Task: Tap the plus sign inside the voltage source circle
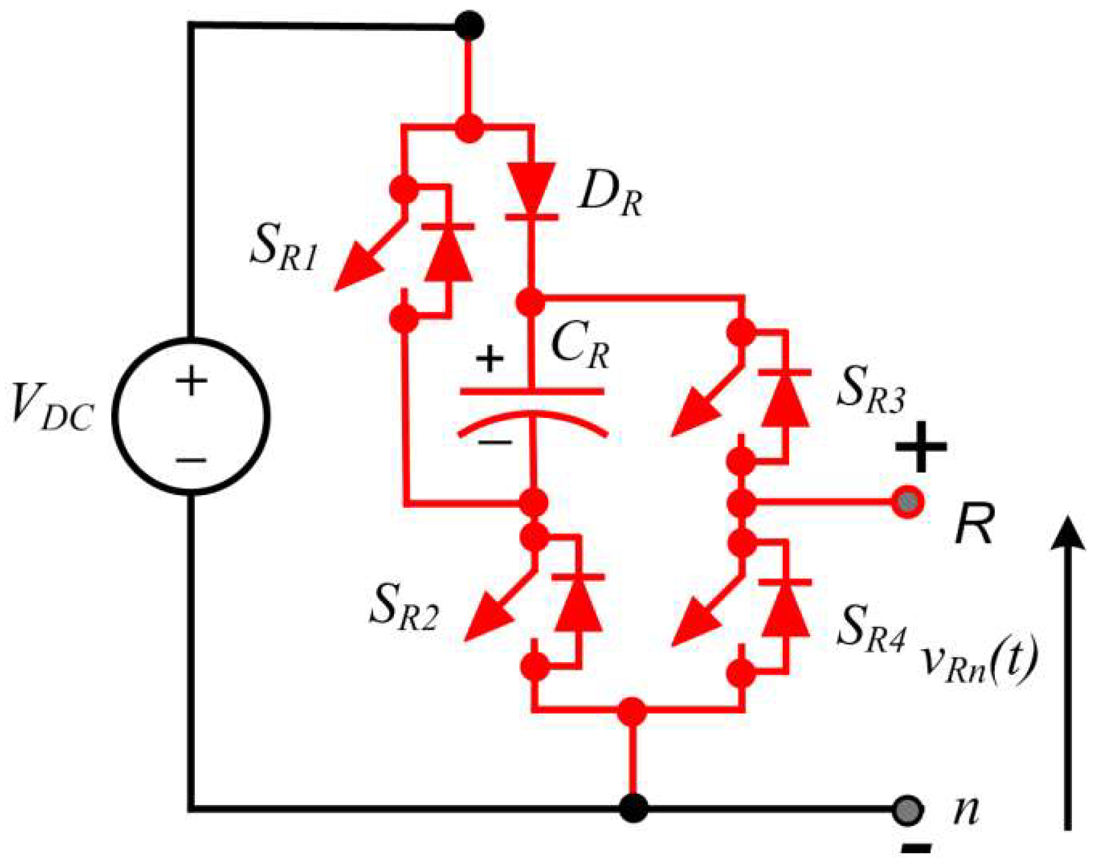click(191, 381)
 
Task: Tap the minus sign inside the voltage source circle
click(191, 460)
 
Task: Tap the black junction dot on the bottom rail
click(634, 807)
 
